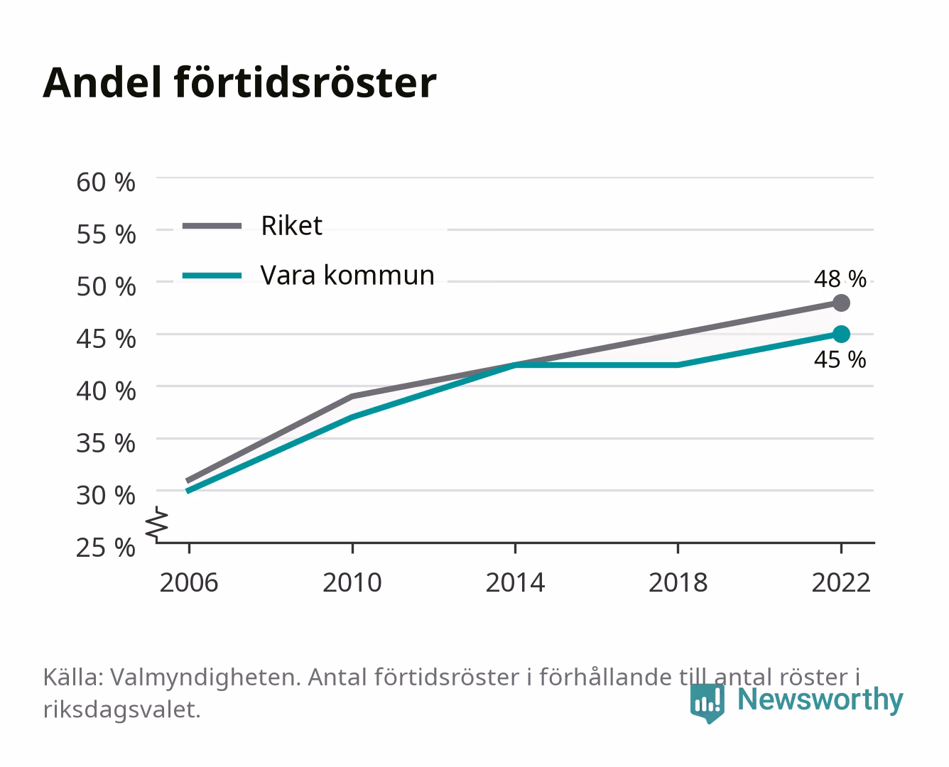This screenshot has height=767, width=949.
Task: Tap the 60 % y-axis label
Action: pos(106,183)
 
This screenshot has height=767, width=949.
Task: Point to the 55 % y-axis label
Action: pos(106,234)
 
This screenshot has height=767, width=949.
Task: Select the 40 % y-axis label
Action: pos(106,391)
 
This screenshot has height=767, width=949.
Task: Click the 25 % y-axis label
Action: pos(106,548)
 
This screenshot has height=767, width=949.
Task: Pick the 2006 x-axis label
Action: pos(189,582)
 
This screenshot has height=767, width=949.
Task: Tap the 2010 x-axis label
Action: pos(352,582)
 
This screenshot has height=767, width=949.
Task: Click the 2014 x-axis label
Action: pos(516,582)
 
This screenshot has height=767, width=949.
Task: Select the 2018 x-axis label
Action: pos(678,582)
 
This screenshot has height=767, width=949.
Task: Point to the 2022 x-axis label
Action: pos(841,582)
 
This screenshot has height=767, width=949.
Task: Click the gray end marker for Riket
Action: pos(841,303)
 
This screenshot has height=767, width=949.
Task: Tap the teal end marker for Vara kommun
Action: pos(841,334)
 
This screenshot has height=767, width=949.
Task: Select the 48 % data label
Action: pos(840,279)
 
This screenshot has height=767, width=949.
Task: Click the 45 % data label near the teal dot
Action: pos(840,359)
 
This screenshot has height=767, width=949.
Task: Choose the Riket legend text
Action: pos(292,226)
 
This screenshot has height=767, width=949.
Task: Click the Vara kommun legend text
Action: pos(347,276)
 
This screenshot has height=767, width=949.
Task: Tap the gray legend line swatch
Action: pos(212,226)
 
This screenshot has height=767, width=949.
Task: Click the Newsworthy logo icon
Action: pos(707,703)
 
